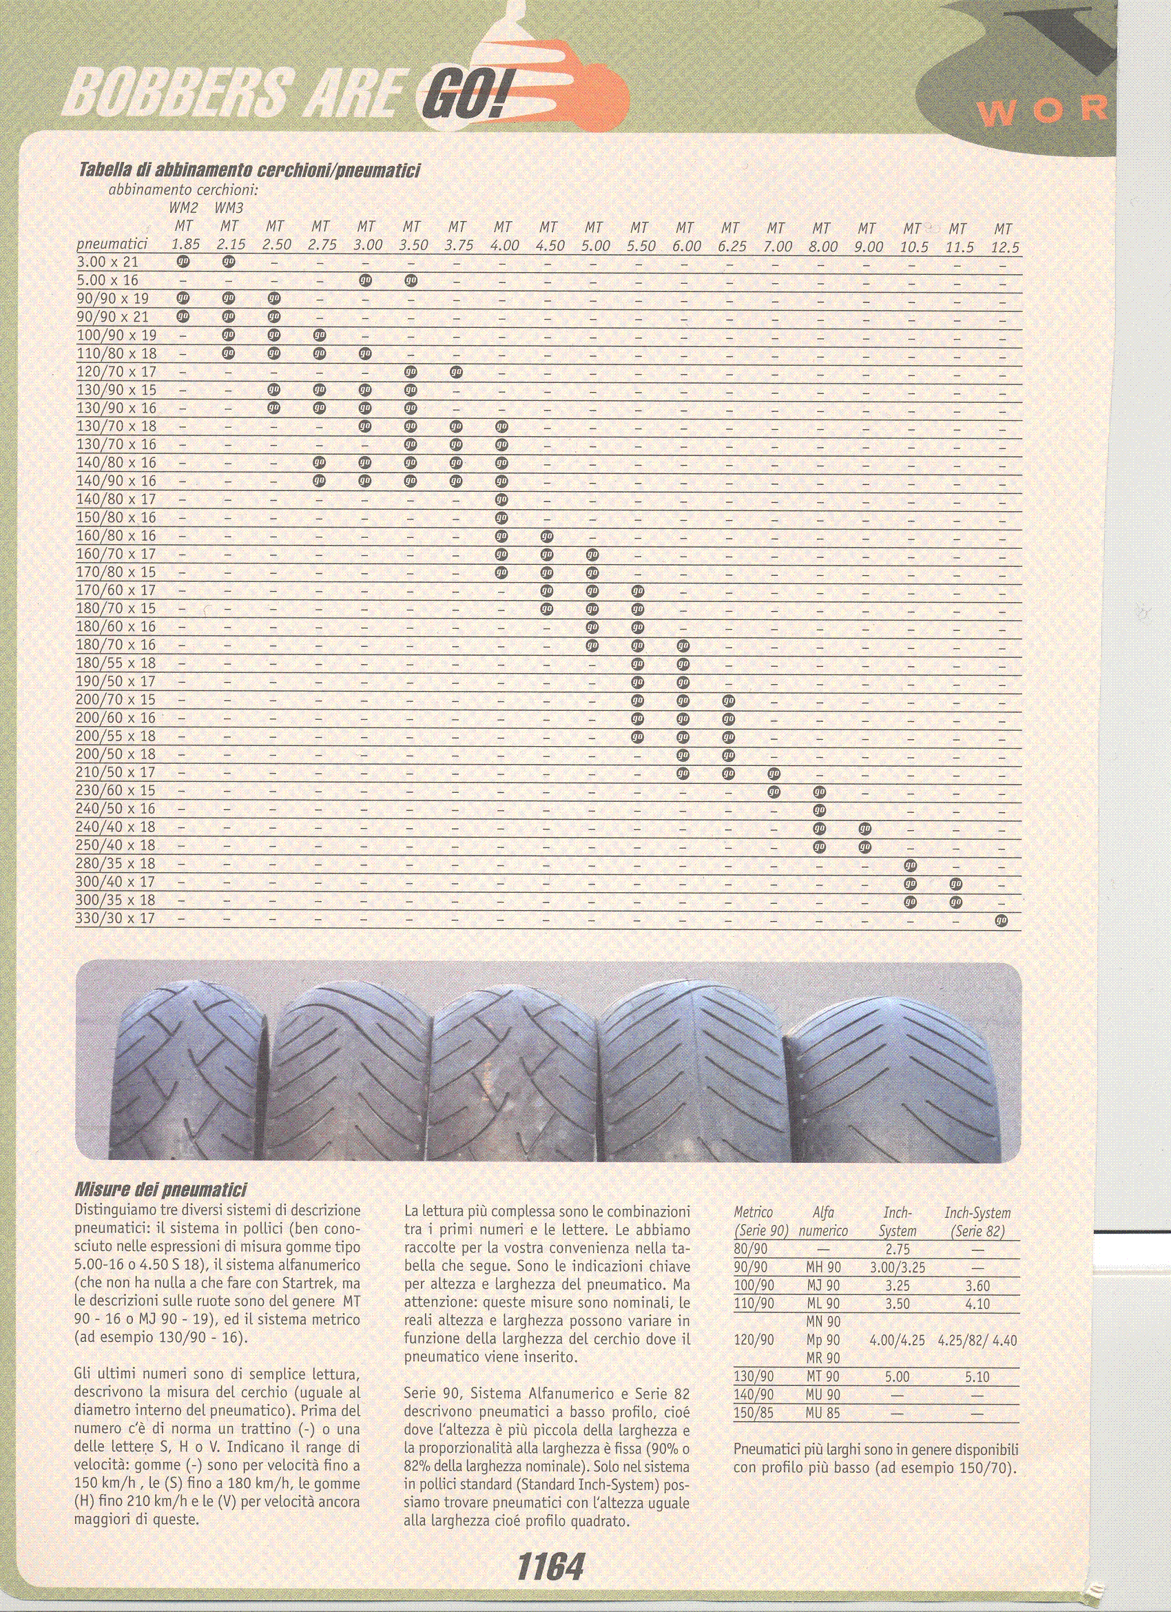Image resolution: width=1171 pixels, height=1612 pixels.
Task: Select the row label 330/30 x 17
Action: [x=116, y=918]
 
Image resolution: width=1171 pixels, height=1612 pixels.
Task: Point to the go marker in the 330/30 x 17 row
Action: [x=1002, y=920]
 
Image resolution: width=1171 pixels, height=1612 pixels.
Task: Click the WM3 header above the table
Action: [x=229, y=208]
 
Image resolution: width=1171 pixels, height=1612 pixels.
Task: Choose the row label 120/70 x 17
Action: [x=116, y=372]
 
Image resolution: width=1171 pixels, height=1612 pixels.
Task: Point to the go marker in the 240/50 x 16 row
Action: [x=819, y=809]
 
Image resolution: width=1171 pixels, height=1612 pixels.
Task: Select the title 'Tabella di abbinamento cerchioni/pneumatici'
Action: [x=249, y=171]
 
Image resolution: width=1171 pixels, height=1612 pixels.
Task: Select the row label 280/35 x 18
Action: [x=116, y=864]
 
